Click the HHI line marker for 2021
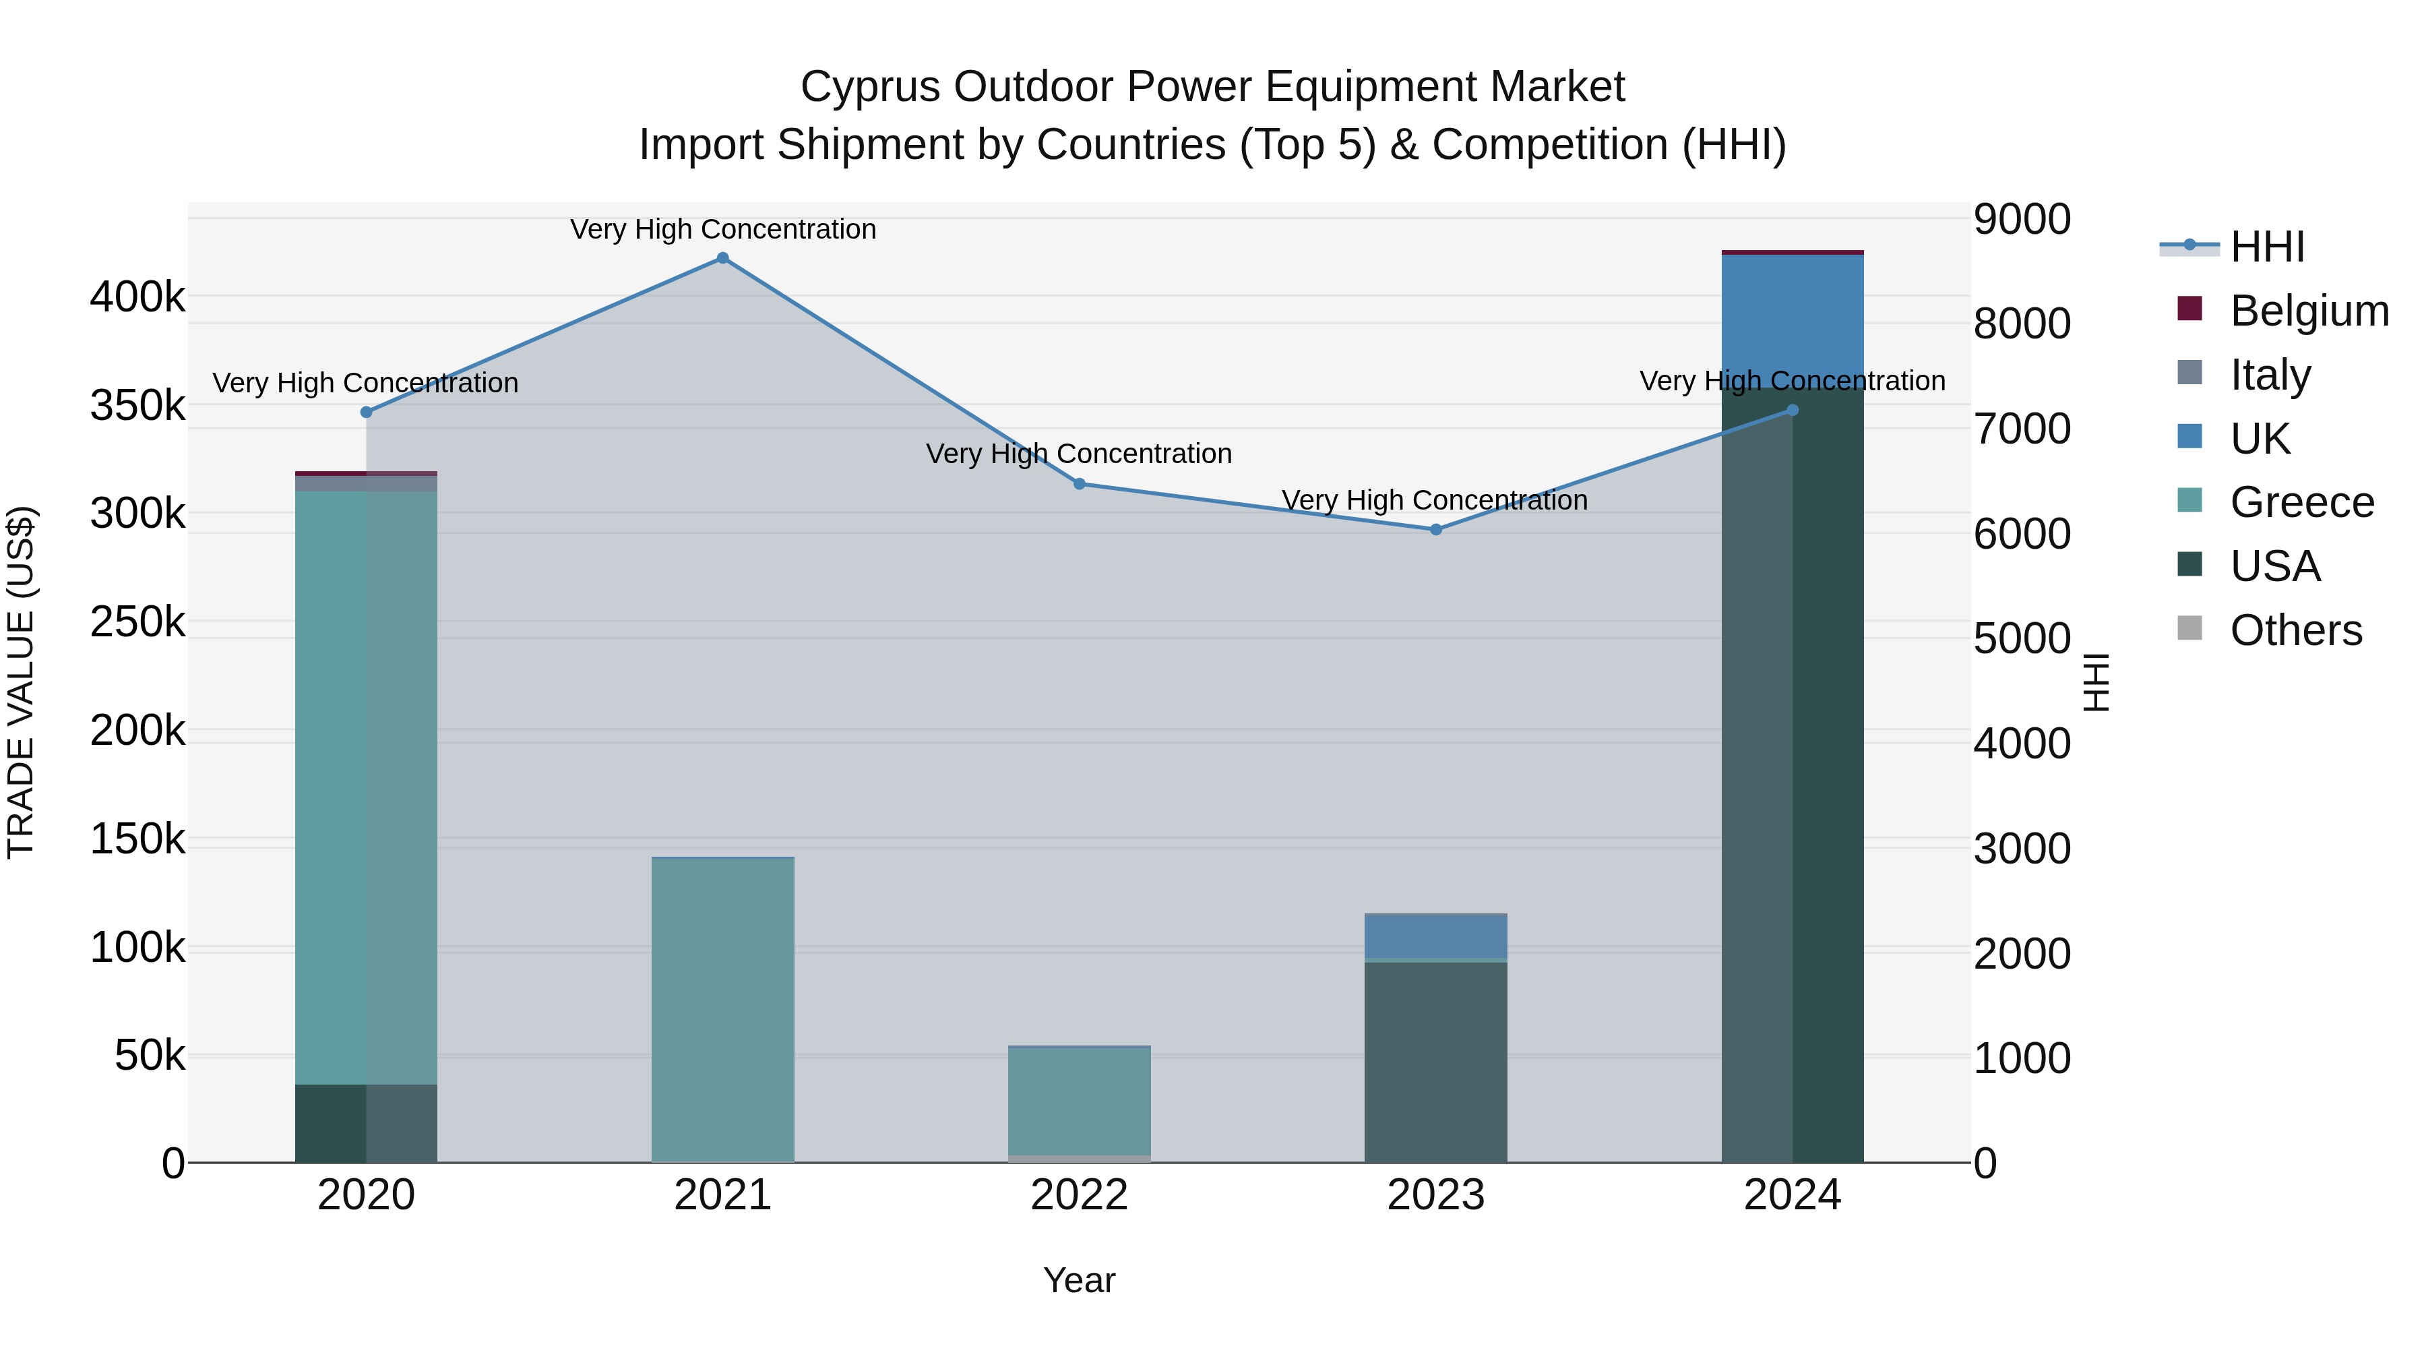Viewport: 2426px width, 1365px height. pos(722,258)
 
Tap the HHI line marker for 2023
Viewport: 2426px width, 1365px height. pos(1435,529)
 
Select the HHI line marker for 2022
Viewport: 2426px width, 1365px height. pos(1080,484)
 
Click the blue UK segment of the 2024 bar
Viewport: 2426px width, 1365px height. pos(1792,315)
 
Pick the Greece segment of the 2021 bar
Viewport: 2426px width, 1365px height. pos(722,1008)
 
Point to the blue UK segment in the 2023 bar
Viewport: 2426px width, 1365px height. pos(1435,936)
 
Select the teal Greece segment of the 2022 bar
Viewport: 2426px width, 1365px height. pos(1080,1100)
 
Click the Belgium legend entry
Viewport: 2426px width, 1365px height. pos(2307,311)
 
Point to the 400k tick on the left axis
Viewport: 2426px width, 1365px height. pos(137,298)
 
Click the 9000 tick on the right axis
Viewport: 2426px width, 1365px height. pos(2021,220)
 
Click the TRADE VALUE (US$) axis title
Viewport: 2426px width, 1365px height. pos(21,682)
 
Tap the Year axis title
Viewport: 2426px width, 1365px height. pos(1080,1280)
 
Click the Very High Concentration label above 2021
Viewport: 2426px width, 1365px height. pos(722,230)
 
